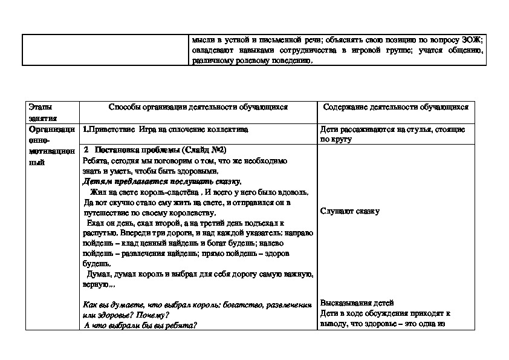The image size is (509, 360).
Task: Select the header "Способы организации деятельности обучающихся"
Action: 198,106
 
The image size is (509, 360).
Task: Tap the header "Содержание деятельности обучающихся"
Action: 396,106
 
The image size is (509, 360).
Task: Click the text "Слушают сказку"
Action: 350,211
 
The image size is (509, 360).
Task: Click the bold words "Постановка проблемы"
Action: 129,151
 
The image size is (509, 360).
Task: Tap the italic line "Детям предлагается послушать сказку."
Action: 161,181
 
